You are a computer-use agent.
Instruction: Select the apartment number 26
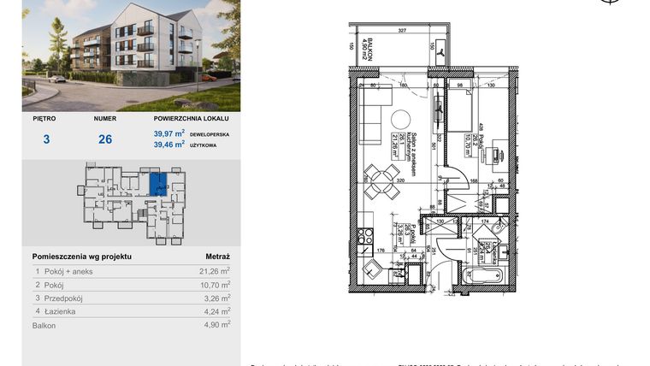(x=105, y=139)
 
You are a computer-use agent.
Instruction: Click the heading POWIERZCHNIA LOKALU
(x=192, y=120)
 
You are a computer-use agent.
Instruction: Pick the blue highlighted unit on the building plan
(x=158, y=184)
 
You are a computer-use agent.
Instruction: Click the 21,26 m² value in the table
(x=214, y=271)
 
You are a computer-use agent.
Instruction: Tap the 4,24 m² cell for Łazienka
(x=214, y=312)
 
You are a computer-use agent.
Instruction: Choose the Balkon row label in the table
(x=44, y=326)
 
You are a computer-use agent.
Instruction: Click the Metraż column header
(x=217, y=256)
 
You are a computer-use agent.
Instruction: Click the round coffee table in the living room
(x=399, y=119)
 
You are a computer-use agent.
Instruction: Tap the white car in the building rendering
(x=56, y=79)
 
